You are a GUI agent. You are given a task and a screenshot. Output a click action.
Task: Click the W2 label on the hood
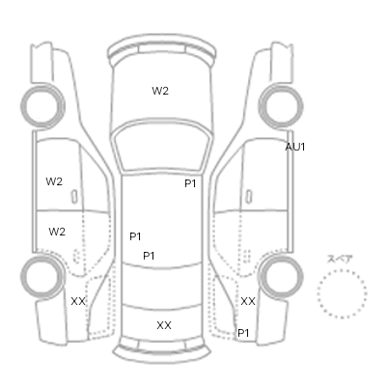[160, 91]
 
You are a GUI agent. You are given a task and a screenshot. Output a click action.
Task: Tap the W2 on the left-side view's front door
[54, 181]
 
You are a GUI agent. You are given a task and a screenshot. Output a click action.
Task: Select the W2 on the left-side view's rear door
[57, 232]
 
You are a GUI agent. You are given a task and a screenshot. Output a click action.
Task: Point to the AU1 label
[295, 147]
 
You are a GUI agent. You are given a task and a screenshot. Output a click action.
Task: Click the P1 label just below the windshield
[190, 183]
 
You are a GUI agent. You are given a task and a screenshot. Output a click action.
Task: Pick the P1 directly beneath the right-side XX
[243, 333]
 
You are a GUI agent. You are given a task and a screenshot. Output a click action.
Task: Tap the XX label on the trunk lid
[164, 325]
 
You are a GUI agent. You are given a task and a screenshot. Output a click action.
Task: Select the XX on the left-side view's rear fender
[78, 301]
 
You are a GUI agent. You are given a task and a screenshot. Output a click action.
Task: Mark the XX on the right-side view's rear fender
[248, 301]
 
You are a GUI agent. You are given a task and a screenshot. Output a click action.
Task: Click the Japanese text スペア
[340, 260]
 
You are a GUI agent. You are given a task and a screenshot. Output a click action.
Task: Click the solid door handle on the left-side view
[74, 197]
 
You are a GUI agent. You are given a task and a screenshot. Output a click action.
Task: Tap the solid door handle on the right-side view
[248, 197]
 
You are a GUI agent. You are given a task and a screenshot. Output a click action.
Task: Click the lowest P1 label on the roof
[149, 256]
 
